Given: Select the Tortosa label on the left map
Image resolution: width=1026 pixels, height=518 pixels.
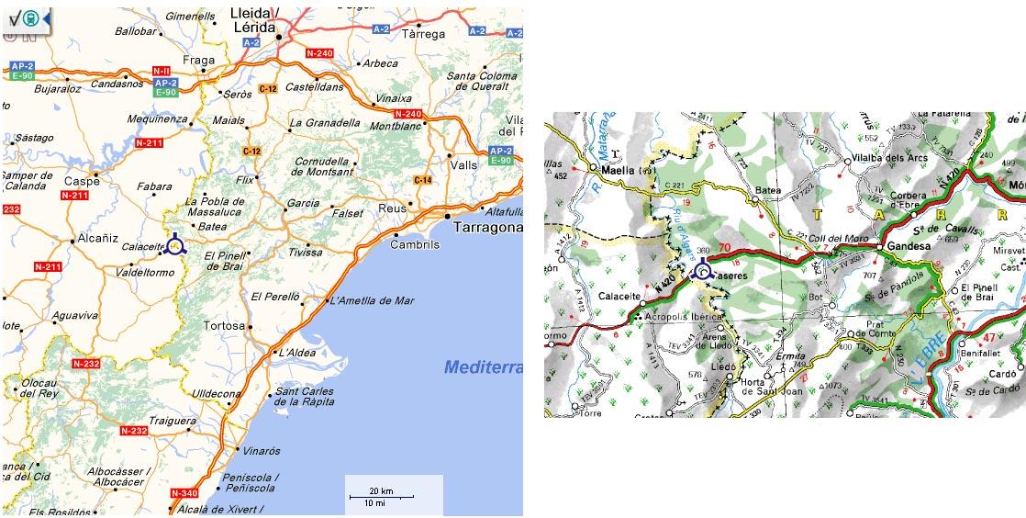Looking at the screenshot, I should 224,326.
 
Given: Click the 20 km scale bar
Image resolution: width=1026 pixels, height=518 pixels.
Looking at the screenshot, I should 381,496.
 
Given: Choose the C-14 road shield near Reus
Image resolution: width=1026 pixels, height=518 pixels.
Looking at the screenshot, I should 422,180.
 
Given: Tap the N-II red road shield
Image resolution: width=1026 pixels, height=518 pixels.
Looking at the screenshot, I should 162,71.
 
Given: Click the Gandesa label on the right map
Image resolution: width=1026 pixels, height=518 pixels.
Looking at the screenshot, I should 908,247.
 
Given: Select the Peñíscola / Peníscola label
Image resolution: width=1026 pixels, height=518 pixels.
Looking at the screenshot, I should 250,483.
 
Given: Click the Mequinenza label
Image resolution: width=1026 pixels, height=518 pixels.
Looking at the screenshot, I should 157,119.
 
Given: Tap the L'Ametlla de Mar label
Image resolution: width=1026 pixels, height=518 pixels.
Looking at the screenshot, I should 372,300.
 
